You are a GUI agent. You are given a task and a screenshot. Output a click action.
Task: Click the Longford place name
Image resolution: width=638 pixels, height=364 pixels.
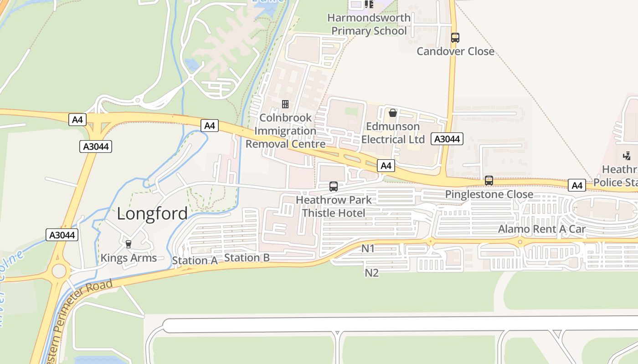click(x=152, y=213)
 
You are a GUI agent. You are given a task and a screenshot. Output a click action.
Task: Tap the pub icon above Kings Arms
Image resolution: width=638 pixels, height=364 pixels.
click(x=128, y=244)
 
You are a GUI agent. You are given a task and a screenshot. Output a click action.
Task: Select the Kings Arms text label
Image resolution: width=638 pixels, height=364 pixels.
click(x=129, y=258)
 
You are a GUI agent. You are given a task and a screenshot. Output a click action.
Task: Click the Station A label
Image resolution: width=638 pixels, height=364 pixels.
click(x=195, y=261)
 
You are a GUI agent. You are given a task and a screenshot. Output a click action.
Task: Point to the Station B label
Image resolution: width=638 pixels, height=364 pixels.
click(x=247, y=258)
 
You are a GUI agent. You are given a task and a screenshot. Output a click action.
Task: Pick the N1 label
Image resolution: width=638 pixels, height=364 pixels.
click(x=368, y=248)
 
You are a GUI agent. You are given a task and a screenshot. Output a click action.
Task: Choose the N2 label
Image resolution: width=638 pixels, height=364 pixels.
click(x=372, y=273)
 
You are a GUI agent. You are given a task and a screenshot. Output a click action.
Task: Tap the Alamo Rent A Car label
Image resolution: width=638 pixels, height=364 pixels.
click(x=541, y=229)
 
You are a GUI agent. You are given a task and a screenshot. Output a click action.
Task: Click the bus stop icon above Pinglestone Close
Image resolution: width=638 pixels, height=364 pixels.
click(x=489, y=181)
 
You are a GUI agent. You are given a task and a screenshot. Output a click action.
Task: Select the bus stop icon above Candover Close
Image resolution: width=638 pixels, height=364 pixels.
click(x=455, y=38)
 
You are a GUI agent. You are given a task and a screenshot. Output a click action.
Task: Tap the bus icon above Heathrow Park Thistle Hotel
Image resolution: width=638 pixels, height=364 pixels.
click(x=334, y=186)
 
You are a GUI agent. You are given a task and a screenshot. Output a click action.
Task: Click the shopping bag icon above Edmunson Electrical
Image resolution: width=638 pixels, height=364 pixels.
click(x=393, y=112)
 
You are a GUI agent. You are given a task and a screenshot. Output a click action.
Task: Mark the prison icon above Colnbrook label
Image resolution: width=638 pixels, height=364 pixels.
click(x=285, y=104)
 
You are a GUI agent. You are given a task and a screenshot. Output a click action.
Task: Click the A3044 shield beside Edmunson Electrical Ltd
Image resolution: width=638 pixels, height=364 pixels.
click(x=447, y=139)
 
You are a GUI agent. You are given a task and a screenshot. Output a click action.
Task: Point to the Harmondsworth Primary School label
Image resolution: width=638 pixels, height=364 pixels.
click(x=369, y=25)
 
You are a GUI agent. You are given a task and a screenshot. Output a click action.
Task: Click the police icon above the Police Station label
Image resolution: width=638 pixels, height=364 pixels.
click(x=627, y=156)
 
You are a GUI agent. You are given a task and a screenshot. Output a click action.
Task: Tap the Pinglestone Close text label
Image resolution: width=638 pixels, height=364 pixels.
click(x=489, y=194)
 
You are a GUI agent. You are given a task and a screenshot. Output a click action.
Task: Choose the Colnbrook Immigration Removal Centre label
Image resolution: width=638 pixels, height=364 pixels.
click(x=285, y=131)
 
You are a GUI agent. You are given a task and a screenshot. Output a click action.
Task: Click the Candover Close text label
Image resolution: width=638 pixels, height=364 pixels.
click(x=455, y=51)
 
